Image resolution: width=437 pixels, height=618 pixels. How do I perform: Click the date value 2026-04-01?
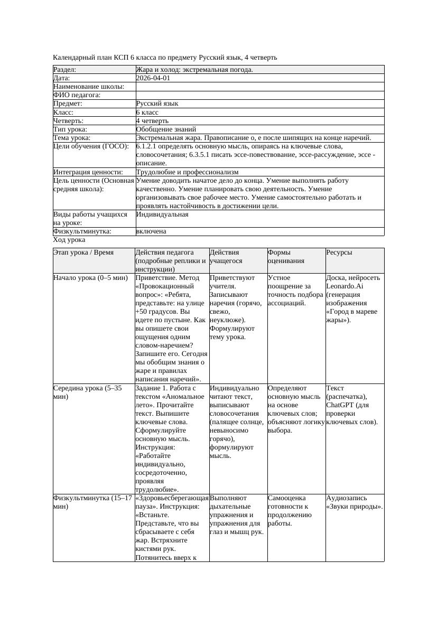pyautogui.click(x=153, y=78)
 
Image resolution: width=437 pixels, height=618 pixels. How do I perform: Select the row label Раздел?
pyautogui.click(x=65, y=70)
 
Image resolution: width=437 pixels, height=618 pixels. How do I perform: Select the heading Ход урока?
pyautogui.click(x=69, y=240)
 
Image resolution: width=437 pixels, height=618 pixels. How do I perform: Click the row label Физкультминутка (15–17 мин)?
pyautogui.click(x=92, y=502)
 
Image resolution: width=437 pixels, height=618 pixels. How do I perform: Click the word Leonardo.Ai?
pyautogui.click(x=345, y=286)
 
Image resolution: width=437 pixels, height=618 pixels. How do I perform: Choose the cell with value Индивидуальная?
pyautogui.click(x=162, y=214)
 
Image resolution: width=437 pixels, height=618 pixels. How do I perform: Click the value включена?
pyautogui.click(x=151, y=231)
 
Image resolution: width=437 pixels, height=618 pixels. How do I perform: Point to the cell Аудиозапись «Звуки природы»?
pyautogui.click(x=354, y=502)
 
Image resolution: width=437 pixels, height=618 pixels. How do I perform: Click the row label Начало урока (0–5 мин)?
pyautogui.click(x=90, y=278)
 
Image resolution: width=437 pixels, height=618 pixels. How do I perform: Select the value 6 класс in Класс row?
pyautogui.click(x=147, y=113)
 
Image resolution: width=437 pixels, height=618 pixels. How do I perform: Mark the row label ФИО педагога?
pyautogui.click(x=77, y=95)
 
